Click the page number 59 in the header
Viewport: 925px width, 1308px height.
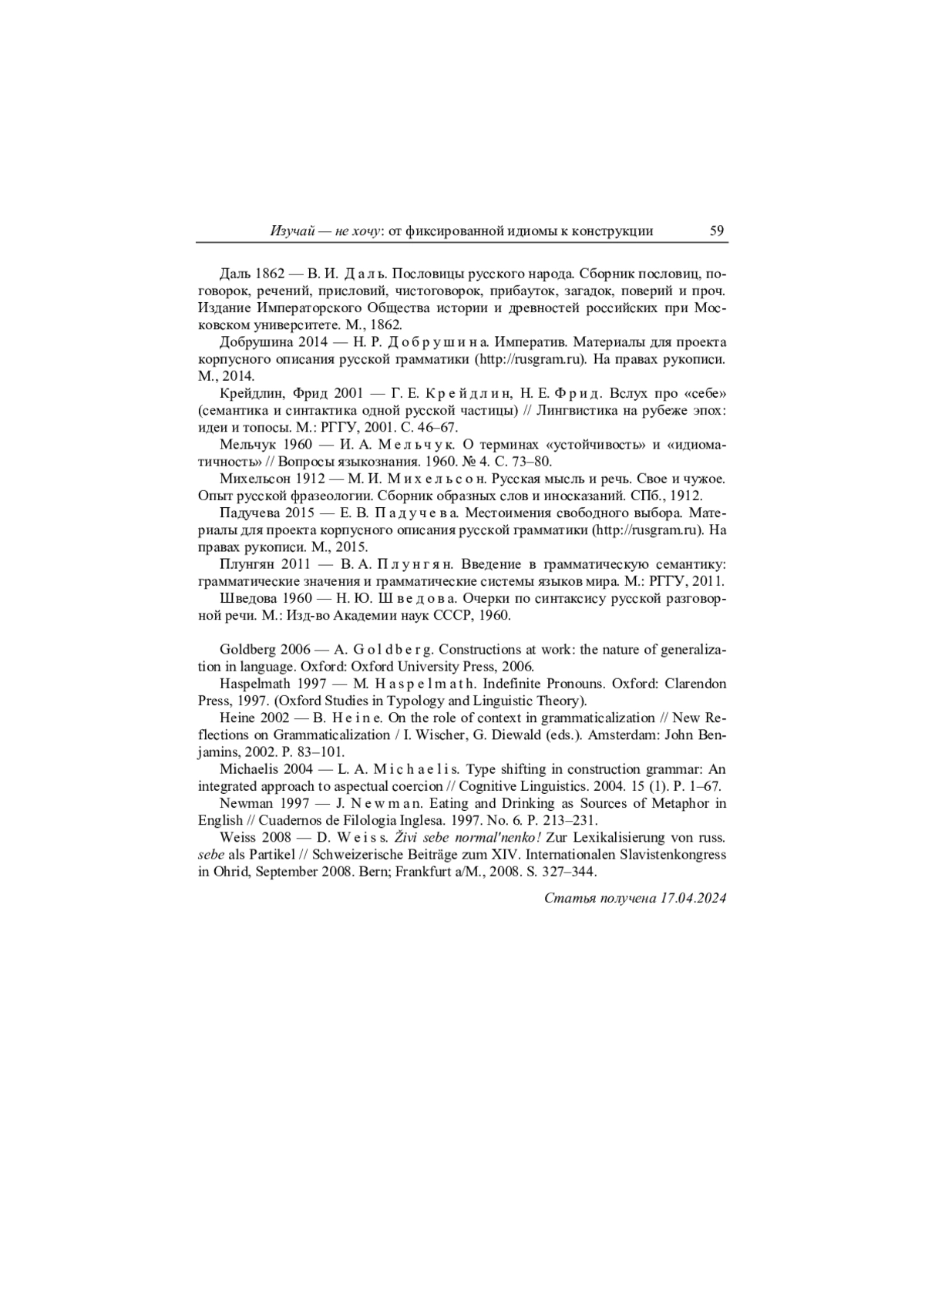(716, 230)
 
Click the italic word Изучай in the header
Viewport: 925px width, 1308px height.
(291, 231)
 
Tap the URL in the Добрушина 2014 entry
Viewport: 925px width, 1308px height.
(531, 359)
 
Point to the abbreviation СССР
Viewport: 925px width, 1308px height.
(456, 615)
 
